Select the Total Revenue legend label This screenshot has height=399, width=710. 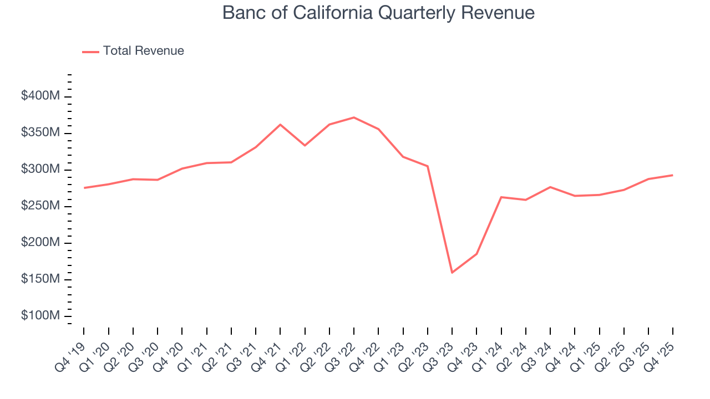click(x=143, y=51)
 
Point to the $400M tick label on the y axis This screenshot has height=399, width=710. click(x=40, y=96)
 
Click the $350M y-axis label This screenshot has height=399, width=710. click(x=40, y=133)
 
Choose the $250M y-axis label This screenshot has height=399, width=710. click(x=40, y=206)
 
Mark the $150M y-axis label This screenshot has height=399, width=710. click(x=40, y=279)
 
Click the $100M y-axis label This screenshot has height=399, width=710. click(x=40, y=316)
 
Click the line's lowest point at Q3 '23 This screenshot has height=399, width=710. click(x=452, y=272)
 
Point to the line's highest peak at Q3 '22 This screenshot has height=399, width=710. click(x=354, y=117)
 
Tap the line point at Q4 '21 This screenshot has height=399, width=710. click(x=280, y=125)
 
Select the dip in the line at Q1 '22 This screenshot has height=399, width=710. click(x=305, y=145)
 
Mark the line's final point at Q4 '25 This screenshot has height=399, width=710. click(x=672, y=175)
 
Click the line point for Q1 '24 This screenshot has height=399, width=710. click(x=501, y=197)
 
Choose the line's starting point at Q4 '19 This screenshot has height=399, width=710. click(x=84, y=188)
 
